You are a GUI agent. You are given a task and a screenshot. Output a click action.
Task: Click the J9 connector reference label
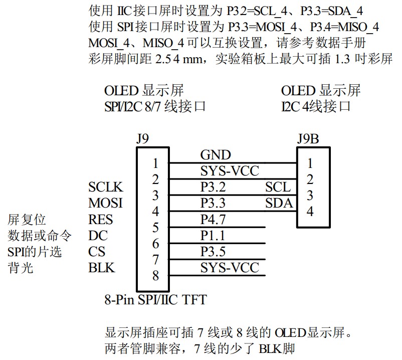142,138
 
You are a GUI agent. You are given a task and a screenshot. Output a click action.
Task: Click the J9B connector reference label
307,138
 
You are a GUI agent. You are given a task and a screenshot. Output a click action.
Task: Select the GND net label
215,155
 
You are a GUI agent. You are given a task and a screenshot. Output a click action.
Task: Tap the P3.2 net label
214,188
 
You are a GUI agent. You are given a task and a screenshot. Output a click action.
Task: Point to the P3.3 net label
214,204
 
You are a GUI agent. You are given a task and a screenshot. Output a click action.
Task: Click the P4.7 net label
214,220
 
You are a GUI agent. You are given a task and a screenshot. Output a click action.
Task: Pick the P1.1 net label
214,236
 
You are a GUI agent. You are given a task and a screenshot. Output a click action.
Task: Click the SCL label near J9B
278,188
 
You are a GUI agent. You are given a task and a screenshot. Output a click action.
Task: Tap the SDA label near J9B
279,204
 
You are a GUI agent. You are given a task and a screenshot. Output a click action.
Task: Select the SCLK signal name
105,188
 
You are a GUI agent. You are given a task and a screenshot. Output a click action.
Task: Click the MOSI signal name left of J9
105,204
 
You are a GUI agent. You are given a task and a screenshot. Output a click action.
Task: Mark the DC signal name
97,236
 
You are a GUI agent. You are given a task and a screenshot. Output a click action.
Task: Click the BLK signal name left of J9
101,268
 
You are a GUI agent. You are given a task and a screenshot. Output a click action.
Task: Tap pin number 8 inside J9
155,276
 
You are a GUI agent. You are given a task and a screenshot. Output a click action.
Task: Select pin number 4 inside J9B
310,212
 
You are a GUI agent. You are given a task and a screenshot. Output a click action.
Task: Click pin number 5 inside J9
155,228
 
